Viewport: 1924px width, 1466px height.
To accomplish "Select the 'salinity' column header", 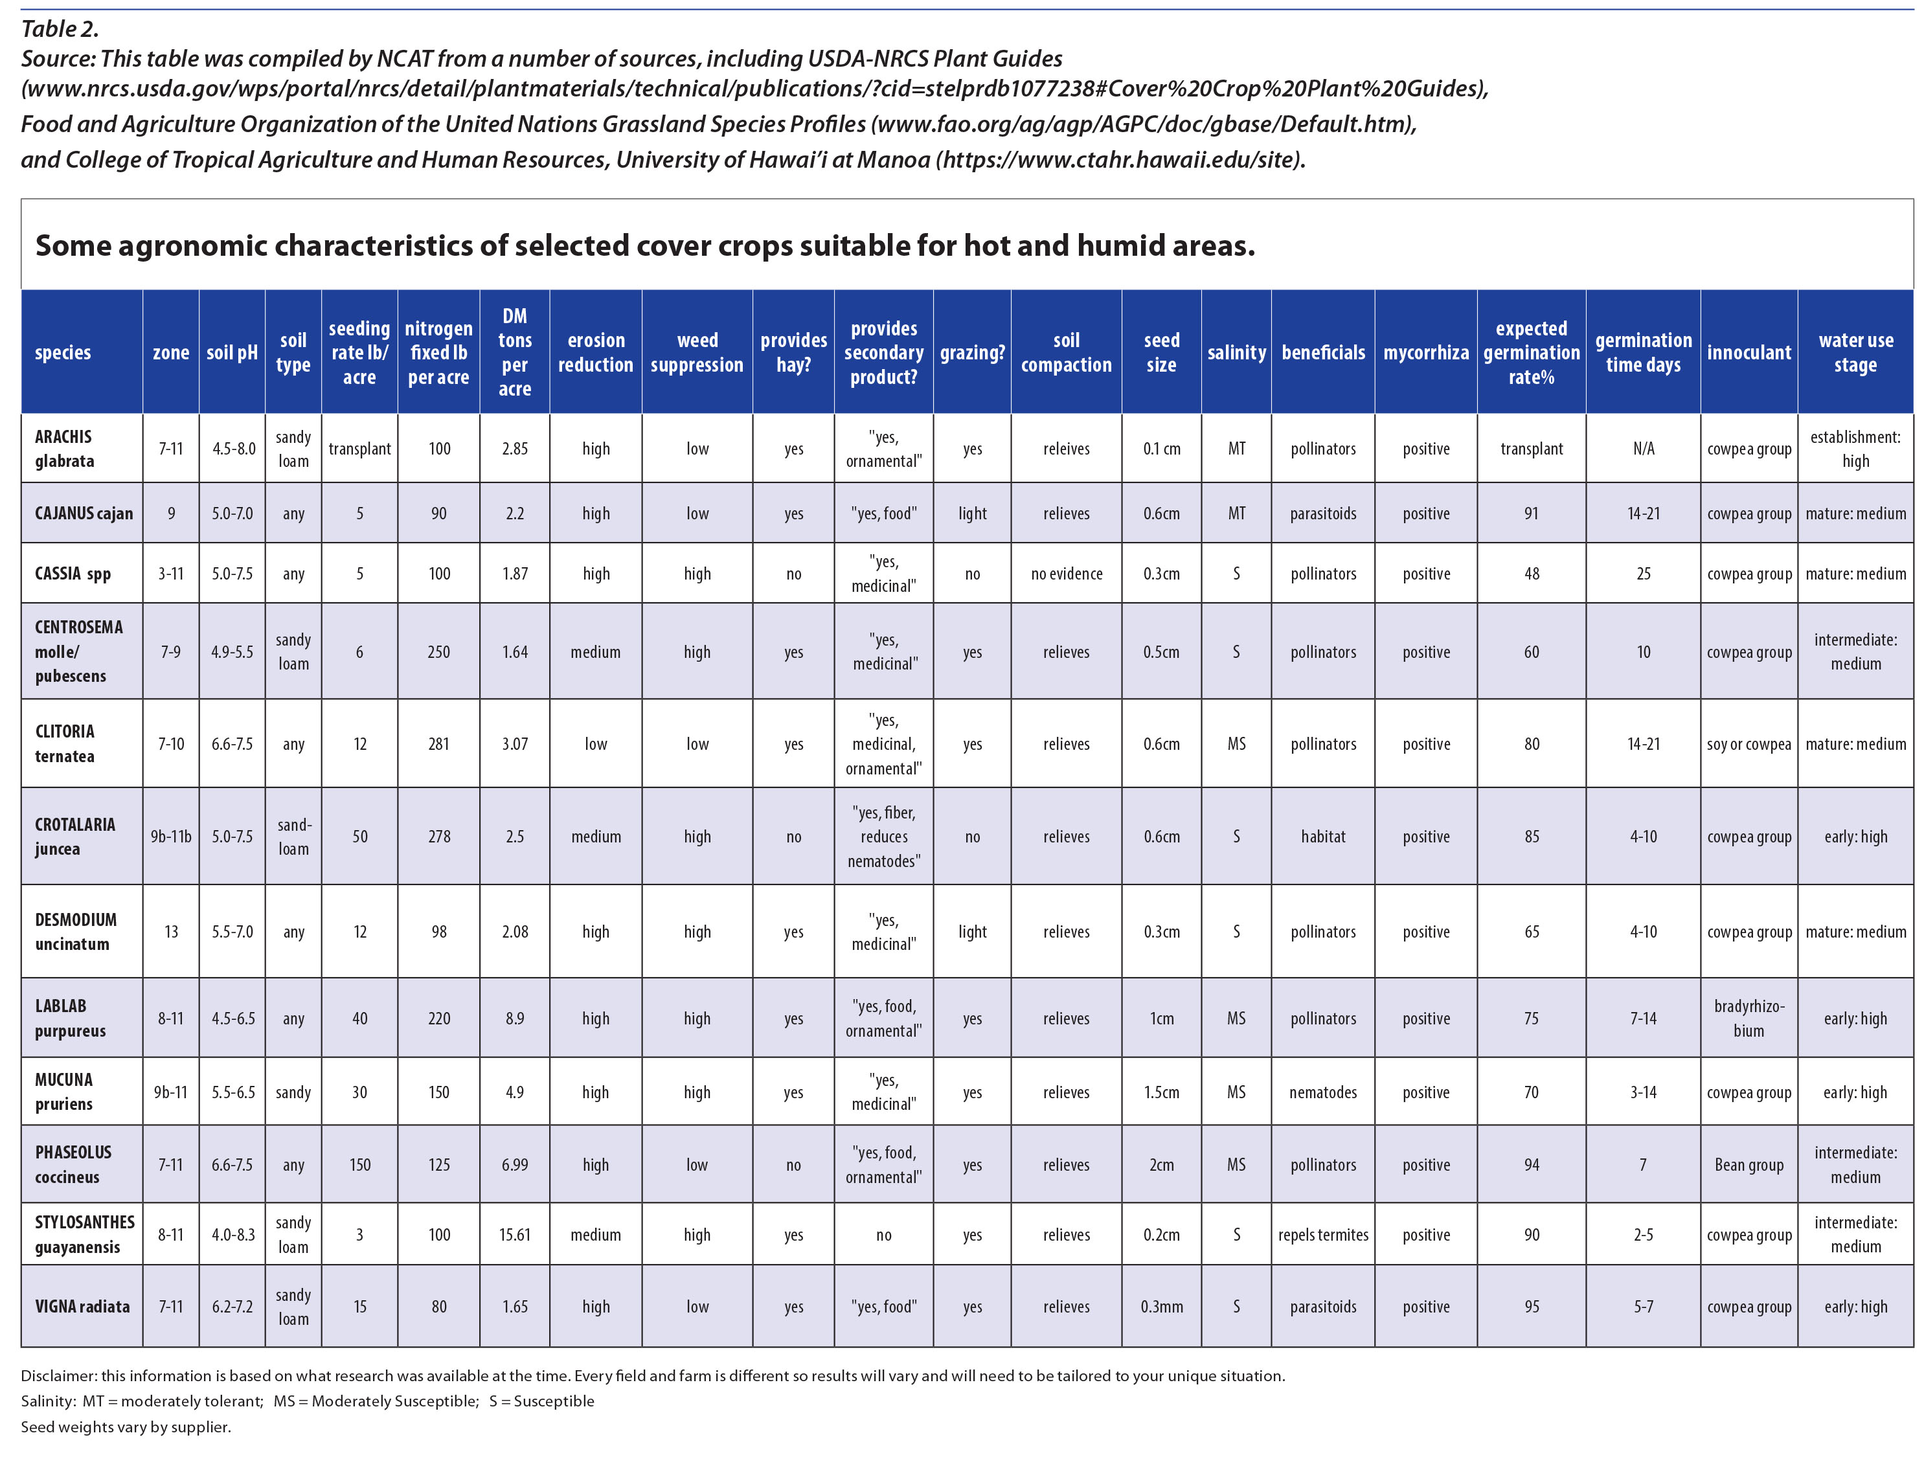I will coord(1236,352).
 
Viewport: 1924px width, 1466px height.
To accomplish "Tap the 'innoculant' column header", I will coord(1748,352).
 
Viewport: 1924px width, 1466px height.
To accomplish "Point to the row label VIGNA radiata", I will coord(82,1306).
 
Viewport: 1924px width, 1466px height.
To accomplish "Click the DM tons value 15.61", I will coord(515,1235).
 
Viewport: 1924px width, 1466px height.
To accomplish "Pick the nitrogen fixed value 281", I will coord(439,743).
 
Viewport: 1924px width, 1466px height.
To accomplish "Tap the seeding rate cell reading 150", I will coord(359,1165).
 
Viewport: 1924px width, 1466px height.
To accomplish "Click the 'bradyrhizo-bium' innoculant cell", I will coord(1748,1019).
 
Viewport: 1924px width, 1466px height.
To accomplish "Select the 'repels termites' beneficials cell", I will coord(1323,1235).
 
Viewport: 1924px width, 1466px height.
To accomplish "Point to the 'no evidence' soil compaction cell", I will coord(1067,573).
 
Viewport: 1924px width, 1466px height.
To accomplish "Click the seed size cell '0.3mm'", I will coord(1161,1306).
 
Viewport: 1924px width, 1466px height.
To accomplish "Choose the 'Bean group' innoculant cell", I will coord(1748,1165).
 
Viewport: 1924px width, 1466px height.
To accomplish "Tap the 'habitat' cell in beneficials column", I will coord(1323,836).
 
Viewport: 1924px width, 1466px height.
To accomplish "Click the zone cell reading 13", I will coord(171,932).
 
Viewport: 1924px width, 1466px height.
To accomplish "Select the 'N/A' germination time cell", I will coord(1642,449).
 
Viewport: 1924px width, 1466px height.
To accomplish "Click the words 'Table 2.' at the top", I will coord(60,28).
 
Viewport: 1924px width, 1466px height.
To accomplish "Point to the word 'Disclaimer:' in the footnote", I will coord(58,1376).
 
